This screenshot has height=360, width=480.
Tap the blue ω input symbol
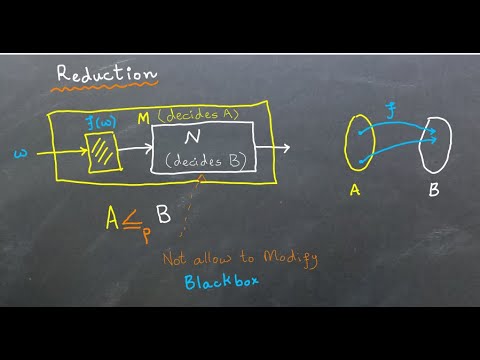click(x=21, y=153)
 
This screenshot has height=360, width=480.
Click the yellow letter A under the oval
click(x=354, y=188)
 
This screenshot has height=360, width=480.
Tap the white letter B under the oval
click(x=433, y=188)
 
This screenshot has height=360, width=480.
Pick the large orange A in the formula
click(x=116, y=215)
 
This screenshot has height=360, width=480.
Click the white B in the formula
click(x=164, y=214)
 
